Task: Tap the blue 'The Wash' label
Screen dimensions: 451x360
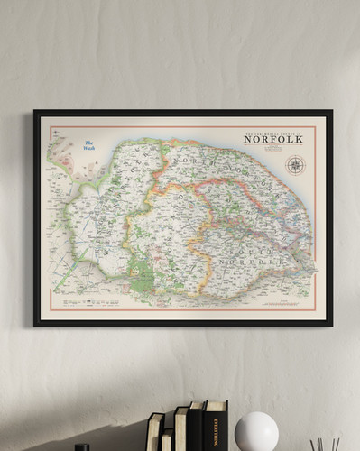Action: point(89,145)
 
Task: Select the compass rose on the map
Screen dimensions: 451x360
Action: point(295,165)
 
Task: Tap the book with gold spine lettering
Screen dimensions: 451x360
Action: point(215,428)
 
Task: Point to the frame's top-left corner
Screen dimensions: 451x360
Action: point(35,112)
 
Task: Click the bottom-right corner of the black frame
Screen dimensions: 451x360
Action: point(330,324)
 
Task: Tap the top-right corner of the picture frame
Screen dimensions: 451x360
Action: point(330,112)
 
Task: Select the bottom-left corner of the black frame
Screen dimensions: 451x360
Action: point(35,324)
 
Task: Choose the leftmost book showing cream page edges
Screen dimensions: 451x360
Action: point(155,433)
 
